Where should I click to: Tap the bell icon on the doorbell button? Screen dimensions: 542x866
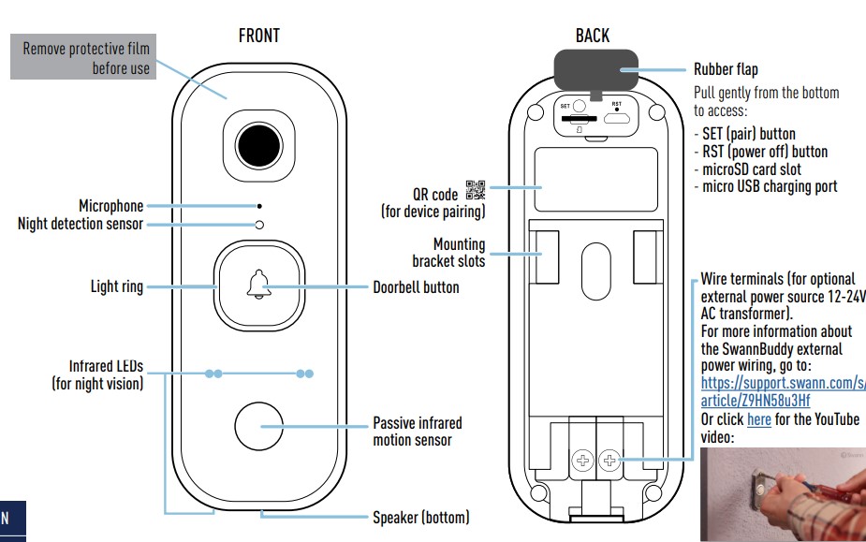(x=259, y=286)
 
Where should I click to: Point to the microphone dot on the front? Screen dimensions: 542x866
(x=260, y=206)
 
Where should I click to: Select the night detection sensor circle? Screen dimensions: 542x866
(x=260, y=225)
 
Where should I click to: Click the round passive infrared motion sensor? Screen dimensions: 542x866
(x=259, y=426)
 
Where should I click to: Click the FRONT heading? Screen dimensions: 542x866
(x=259, y=37)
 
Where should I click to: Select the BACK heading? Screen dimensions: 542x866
(x=592, y=37)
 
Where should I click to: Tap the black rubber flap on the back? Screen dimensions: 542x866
(x=593, y=70)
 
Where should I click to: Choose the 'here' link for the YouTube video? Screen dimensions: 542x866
(x=758, y=419)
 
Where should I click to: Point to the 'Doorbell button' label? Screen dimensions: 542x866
(x=416, y=287)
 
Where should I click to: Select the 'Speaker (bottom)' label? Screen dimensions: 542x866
(x=420, y=517)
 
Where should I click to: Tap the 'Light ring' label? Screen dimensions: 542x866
(x=117, y=286)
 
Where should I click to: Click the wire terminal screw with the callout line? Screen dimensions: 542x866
(x=609, y=460)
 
